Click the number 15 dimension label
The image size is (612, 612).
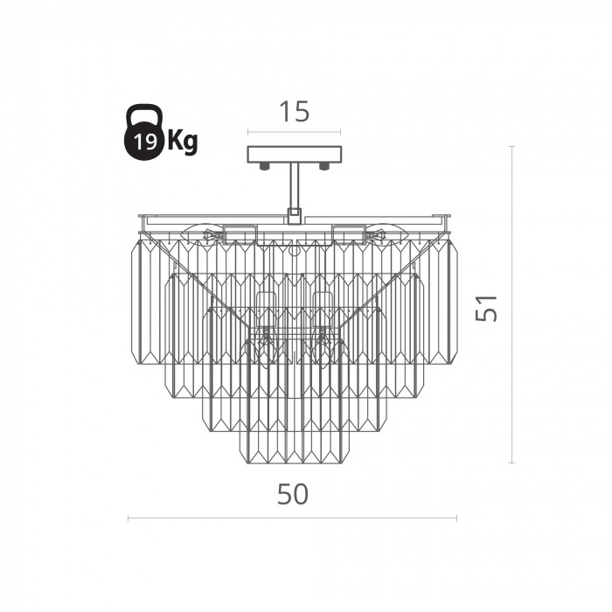pos(295,112)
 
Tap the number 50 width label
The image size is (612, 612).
pos(293,494)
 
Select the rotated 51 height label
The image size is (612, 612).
pos(486,308)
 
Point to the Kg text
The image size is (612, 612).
pos(182,142)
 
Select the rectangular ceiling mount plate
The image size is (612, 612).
pos(295,155)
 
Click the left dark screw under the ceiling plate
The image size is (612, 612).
pos(265,167)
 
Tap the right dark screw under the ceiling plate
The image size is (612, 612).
pos(324,167)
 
